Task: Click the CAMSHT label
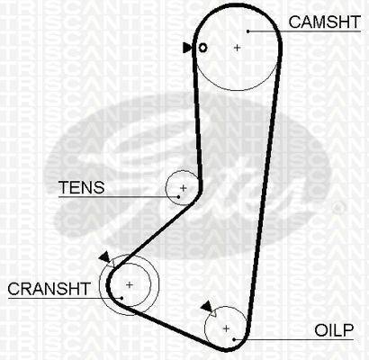(x=324, y=22)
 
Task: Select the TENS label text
(x=82, y=187)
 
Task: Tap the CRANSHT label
(x=49, y=289)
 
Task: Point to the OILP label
(x=334, y=330)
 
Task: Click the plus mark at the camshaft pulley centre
(x=237, y=48)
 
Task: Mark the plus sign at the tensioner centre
(x=184, y=188)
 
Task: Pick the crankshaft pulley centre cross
(x=130, y=284)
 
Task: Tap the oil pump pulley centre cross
(x=226, y=328)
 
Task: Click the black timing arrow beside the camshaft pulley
(x=187, y=48)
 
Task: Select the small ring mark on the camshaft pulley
(x=203, y=48)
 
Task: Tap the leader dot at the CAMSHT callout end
(x=248, y=31)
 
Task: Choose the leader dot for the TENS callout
(x=178, y=197)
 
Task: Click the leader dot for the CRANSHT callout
(x=121, y=298)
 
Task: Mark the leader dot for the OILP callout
(x=234, y=339)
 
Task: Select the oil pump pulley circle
(x=205, y=328)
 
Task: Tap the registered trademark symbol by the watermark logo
(x=338, y=207)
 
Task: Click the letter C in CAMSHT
(x=295, y=22)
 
